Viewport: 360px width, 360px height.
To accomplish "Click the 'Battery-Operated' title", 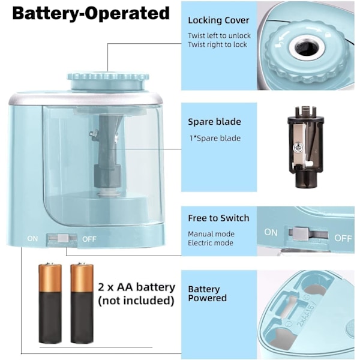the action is point(91,13).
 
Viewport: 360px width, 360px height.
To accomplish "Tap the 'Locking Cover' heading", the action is point(218,20).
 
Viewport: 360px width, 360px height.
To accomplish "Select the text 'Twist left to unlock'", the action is point(219,35).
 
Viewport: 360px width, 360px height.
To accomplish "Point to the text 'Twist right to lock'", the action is point(217,44).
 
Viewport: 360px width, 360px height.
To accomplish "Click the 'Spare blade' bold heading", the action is point(214,122).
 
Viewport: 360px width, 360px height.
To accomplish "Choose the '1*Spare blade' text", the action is point(215,138).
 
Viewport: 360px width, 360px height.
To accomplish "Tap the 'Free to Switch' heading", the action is point(218,218).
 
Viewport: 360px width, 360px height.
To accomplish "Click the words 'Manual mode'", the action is point(211,234).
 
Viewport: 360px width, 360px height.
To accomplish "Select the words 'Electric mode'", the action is point(211,242).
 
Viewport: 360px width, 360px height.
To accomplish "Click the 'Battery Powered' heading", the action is point(208,293).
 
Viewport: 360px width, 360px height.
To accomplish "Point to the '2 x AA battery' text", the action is point(137,287).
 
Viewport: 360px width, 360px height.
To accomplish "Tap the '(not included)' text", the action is point(136,301).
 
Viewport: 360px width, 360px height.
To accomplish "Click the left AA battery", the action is point(50,303).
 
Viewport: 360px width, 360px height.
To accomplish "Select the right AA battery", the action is point(82,303).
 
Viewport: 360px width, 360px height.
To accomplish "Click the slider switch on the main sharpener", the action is point(62,238).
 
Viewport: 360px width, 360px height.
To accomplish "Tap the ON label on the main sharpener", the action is point(32,239).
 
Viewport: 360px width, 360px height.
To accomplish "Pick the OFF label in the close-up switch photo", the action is point(343,238).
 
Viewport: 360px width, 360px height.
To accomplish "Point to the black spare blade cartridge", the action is point(305,147).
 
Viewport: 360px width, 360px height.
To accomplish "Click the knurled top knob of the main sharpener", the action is point(108,82).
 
